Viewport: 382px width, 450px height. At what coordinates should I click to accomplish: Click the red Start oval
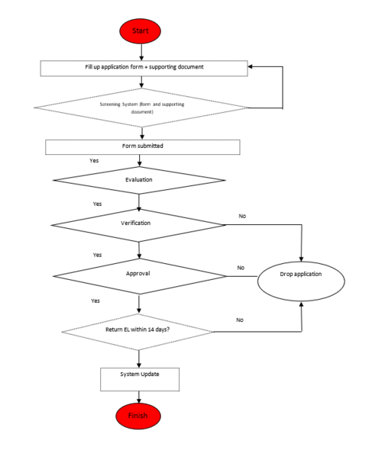coord(140,31)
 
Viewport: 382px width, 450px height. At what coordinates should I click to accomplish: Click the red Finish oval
coord(139,416)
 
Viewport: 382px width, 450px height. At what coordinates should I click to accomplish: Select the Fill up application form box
coord(144,68)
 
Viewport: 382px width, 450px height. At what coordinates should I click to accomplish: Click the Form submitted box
coord(143,146)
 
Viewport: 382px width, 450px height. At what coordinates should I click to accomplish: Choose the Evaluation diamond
coord(139,181)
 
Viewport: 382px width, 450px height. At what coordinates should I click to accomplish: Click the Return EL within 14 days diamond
coord(138,331)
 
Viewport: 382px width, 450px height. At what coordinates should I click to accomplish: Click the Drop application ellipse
coord(301,275)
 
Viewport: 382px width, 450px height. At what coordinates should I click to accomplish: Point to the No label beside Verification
coord(242,217)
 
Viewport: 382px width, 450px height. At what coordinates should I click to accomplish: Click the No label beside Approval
coord(241,268)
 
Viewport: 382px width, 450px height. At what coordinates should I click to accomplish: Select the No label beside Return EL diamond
coord(240,320)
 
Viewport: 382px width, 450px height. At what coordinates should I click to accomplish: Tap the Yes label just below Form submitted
coord(94,161)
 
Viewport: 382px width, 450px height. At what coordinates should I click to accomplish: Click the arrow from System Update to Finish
coord(139,397)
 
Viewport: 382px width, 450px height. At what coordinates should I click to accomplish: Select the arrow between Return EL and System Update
coord(139,359)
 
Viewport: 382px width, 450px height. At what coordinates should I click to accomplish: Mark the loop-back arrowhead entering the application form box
coord(252,67)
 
